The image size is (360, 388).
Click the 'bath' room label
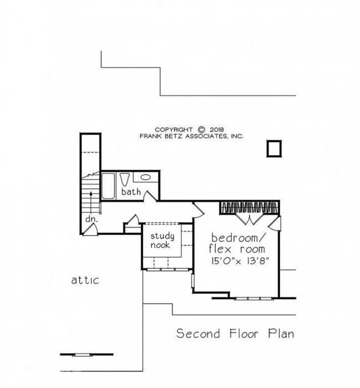pos(131,192)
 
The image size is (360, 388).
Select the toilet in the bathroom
pos(125,180)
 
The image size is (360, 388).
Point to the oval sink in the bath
pos(146,178)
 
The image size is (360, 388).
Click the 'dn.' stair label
pos(91,219)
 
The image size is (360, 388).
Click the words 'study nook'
pos(162,241)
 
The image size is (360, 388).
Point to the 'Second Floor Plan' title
pos(235,334)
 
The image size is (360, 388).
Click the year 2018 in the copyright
pos(217,129)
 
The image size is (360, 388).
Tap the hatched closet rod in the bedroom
pos(248,207)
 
